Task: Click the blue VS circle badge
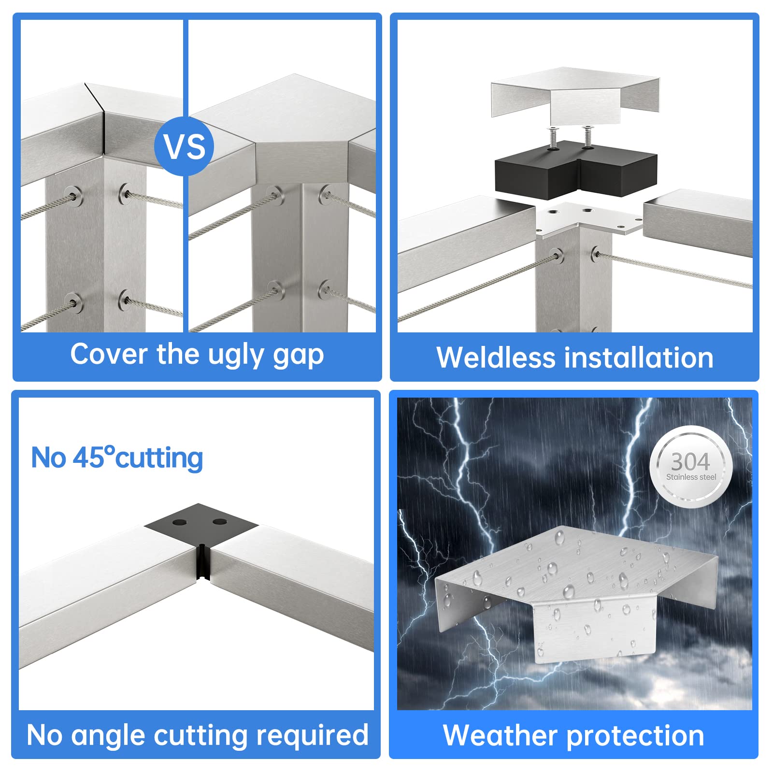[184, 146]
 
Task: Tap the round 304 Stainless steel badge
[691, 467]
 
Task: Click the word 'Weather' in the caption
[501, 735]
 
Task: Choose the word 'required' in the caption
[312, 736]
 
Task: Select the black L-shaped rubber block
[576, 170]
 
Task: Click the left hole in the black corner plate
[179, 522]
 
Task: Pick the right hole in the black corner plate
[219, 522]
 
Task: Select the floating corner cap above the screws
[575, 95]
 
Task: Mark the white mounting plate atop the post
[589, 220]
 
